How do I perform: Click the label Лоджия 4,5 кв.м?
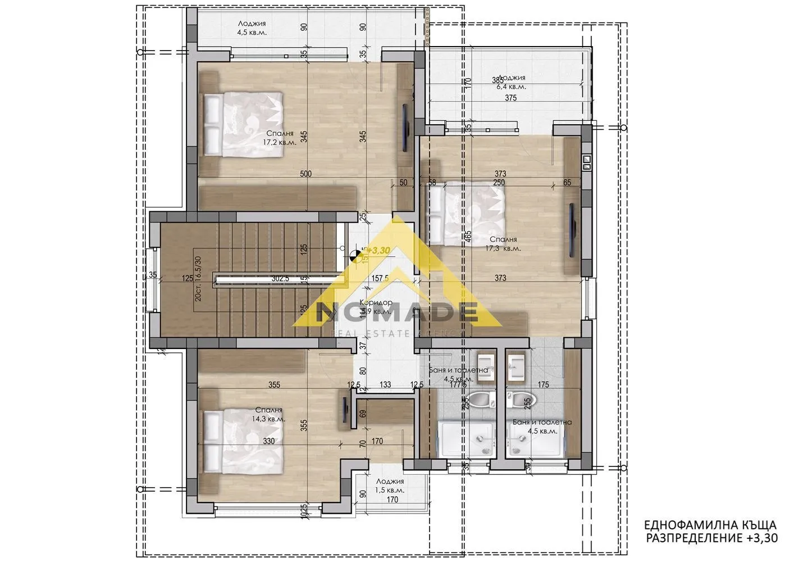coord(252,28)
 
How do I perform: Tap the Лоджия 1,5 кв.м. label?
coord(390,486)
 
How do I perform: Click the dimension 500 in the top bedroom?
coord(305,174)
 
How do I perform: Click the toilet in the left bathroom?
coord(481,400)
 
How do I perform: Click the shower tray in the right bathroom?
coord(536,441)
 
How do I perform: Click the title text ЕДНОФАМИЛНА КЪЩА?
coord(710,525)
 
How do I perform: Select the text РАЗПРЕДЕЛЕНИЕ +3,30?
coord(712,538)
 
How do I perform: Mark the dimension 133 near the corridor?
coord(385,385)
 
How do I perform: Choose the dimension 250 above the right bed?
coord(499,183)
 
